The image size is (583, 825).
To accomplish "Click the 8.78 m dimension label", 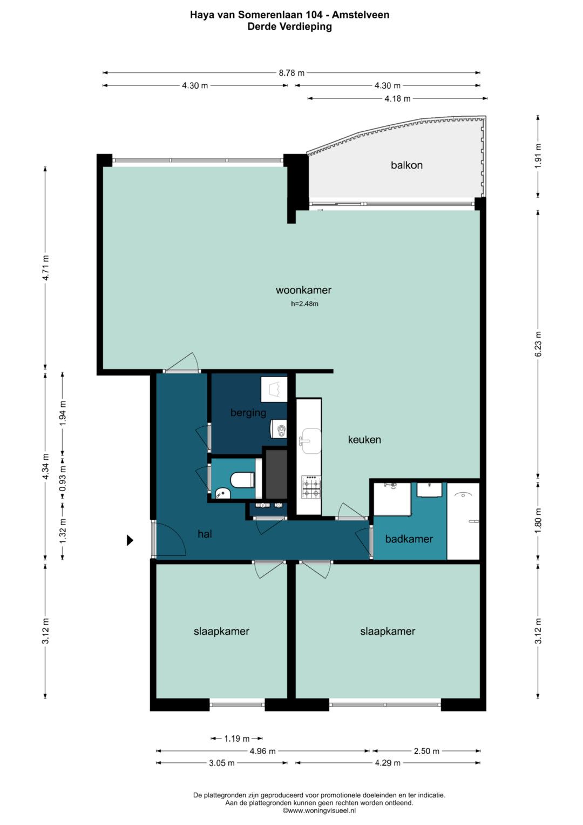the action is click(x=291, y=73).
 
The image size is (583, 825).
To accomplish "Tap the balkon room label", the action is click(x=406, y=165).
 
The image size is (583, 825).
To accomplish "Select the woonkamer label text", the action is click(x=303, y=290).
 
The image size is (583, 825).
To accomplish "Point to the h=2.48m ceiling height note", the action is click(x=304, y=304).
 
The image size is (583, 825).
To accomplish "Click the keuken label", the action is click(x=364, y=439).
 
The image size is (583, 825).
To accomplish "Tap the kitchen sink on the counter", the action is click(x=311, y=441).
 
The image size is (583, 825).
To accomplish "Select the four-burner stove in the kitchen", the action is click(x=311, y=487).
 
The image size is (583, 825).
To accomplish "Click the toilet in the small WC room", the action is click(x=242, y=480).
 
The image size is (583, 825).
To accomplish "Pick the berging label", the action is click(x=248, y=413).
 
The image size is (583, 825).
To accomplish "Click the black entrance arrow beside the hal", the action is click(x=130, y=540).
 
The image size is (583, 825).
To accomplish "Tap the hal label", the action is click(x=205, y=534).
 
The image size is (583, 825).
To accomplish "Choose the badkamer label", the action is click(x=409, y=539).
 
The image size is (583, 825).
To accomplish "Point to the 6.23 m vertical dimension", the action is click(x=538, y=344).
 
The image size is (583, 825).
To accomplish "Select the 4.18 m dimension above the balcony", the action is click(x=397, y=98).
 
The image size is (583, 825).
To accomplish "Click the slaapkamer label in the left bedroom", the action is click(x=221, y=631).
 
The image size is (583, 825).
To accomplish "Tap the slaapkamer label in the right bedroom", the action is click(x=388, y=631).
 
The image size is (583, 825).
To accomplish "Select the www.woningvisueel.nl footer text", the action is click(x=319, y=810).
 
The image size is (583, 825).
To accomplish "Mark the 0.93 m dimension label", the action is click(x=63, y=478).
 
